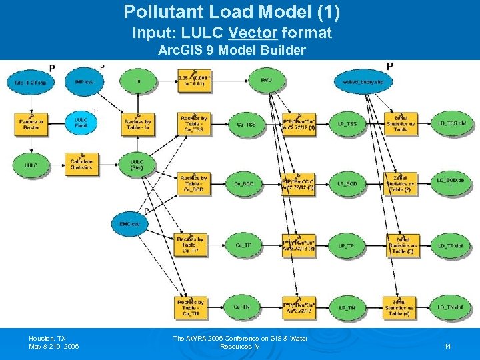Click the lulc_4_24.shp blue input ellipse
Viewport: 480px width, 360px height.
pos(31,82)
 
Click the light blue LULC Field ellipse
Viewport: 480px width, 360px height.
pos(81,123)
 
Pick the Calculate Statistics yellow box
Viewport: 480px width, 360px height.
pos(81,164)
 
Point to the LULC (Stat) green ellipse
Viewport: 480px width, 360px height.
pos(137,164)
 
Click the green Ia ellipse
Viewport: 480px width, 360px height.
pos(137,82)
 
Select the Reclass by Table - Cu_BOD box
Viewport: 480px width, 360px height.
pos(193,183)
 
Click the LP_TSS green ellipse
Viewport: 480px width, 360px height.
pos(347,124)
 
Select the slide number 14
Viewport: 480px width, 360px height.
pos(447,347)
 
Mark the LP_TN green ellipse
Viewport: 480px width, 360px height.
pos(347,307)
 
